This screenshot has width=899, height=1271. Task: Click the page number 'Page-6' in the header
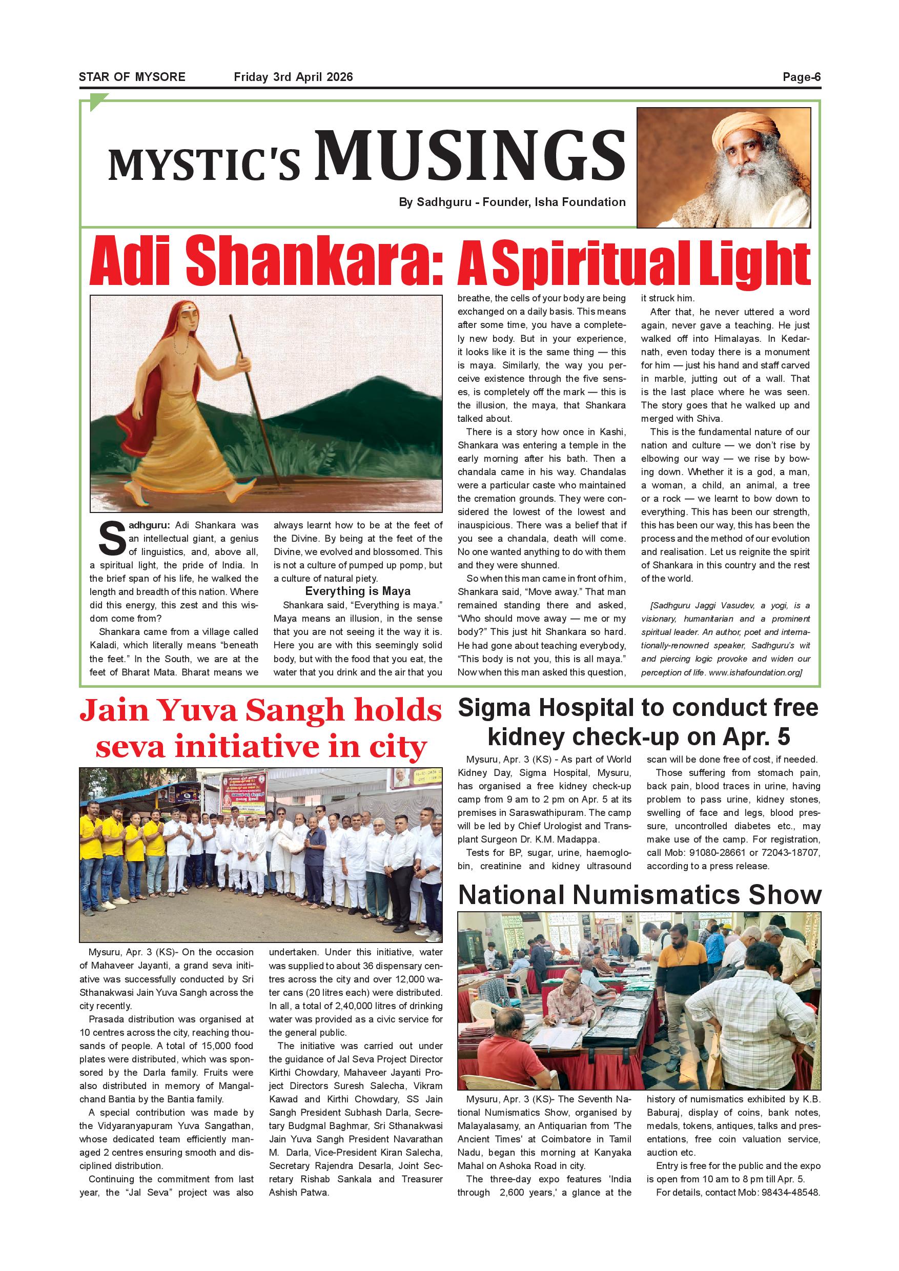pyautogui.click(x=801, y=77)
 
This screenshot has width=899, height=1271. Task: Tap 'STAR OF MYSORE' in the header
pyautogui.click(x=132, y=77)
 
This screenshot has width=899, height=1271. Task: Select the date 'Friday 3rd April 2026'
pyautogui.click(x=293, y=77)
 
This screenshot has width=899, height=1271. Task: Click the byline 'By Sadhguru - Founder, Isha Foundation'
pyautogui.click(x=512, y=202)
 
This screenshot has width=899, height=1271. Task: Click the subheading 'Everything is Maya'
pyautogui.click(x=358, y=591)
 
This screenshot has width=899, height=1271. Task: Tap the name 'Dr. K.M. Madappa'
pyautogui.click(x=561, y=839)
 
